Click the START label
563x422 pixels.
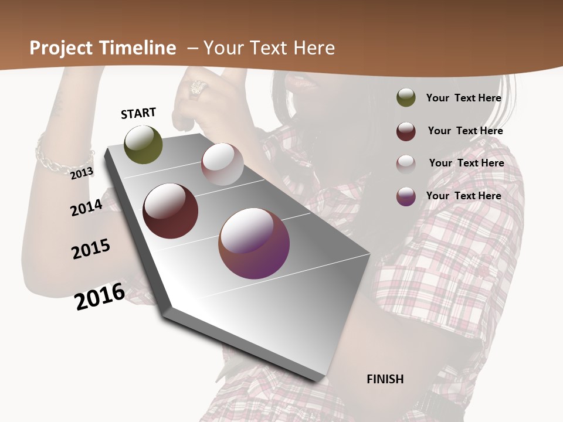tap(138, 113)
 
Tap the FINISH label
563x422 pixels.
tap(385, 379)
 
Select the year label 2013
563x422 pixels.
tap(82, 173)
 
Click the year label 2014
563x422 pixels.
tap(87, 207)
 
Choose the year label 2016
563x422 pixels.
tap(100, 297)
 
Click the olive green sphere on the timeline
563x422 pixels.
tap(144, 145)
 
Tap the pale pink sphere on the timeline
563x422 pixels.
tap(222, 164)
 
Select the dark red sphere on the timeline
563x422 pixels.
tap(171, 211)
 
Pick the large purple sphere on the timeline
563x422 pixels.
tap(254, 243)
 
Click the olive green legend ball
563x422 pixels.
tap(406, 98)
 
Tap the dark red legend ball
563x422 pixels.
tap(406, 131)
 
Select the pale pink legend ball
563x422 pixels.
tap(406, 164)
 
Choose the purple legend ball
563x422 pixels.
tap(406, 196)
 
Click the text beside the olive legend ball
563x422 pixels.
tap(463, 98)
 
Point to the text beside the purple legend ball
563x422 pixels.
tap(463, 196)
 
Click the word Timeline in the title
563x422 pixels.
tap(138, 48)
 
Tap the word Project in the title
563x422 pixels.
tap(62, 48)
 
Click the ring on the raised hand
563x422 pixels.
tap(198, 89)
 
